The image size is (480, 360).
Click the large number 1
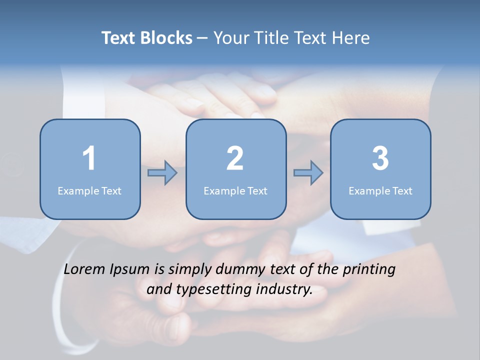point(89,158)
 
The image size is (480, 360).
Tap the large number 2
point(235,158)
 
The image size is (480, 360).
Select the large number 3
point(380,158)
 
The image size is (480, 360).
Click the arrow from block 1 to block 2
point(162,173)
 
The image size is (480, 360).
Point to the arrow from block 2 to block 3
point(308,173)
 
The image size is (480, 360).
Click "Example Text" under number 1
point(89,191)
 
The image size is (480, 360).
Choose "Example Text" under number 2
point(235,191)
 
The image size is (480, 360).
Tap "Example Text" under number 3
point(380,191)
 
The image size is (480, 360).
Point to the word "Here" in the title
point(351,38)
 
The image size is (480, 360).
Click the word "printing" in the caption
point(368,270)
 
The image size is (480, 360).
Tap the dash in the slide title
point(202,38)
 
